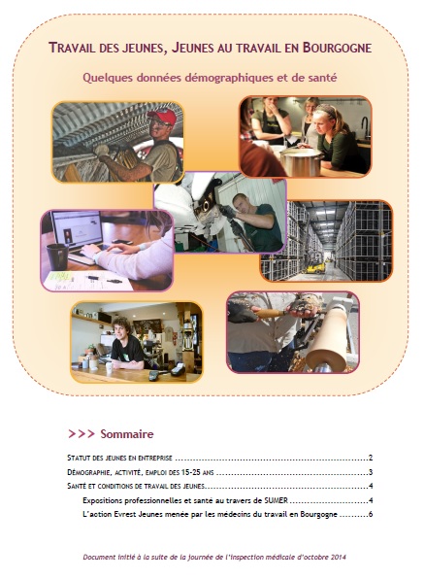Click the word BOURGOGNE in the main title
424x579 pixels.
pos(337,48)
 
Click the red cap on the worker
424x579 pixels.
pos(163,116)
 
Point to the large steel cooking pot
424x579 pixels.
pos(302,162)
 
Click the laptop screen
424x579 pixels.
pos(79,228)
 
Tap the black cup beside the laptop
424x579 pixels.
pos(57,256)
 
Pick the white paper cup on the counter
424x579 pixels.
pos(109,367)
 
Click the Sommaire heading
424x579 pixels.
pos(127,434)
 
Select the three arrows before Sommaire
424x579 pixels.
pos(82,434)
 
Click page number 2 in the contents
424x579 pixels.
pos(371,458)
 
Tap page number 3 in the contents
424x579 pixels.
pos(371,472)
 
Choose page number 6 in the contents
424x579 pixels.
pos(371,514)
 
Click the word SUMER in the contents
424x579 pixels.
pos(276,500)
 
